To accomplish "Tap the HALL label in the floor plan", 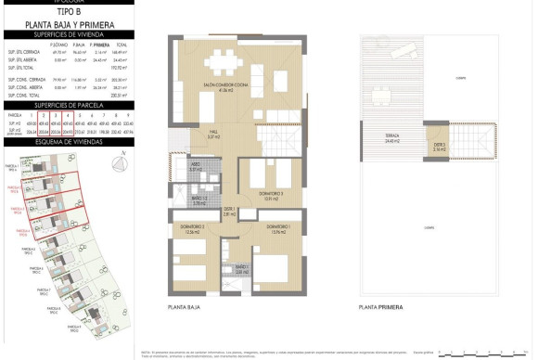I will pos(211,134).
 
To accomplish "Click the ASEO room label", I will pos(196,168).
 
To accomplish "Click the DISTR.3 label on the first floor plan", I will pos(439,145).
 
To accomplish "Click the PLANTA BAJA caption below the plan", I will pos(186,306).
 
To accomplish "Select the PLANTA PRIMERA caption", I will pos(379,306).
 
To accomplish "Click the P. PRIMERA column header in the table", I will pos(100,45).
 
